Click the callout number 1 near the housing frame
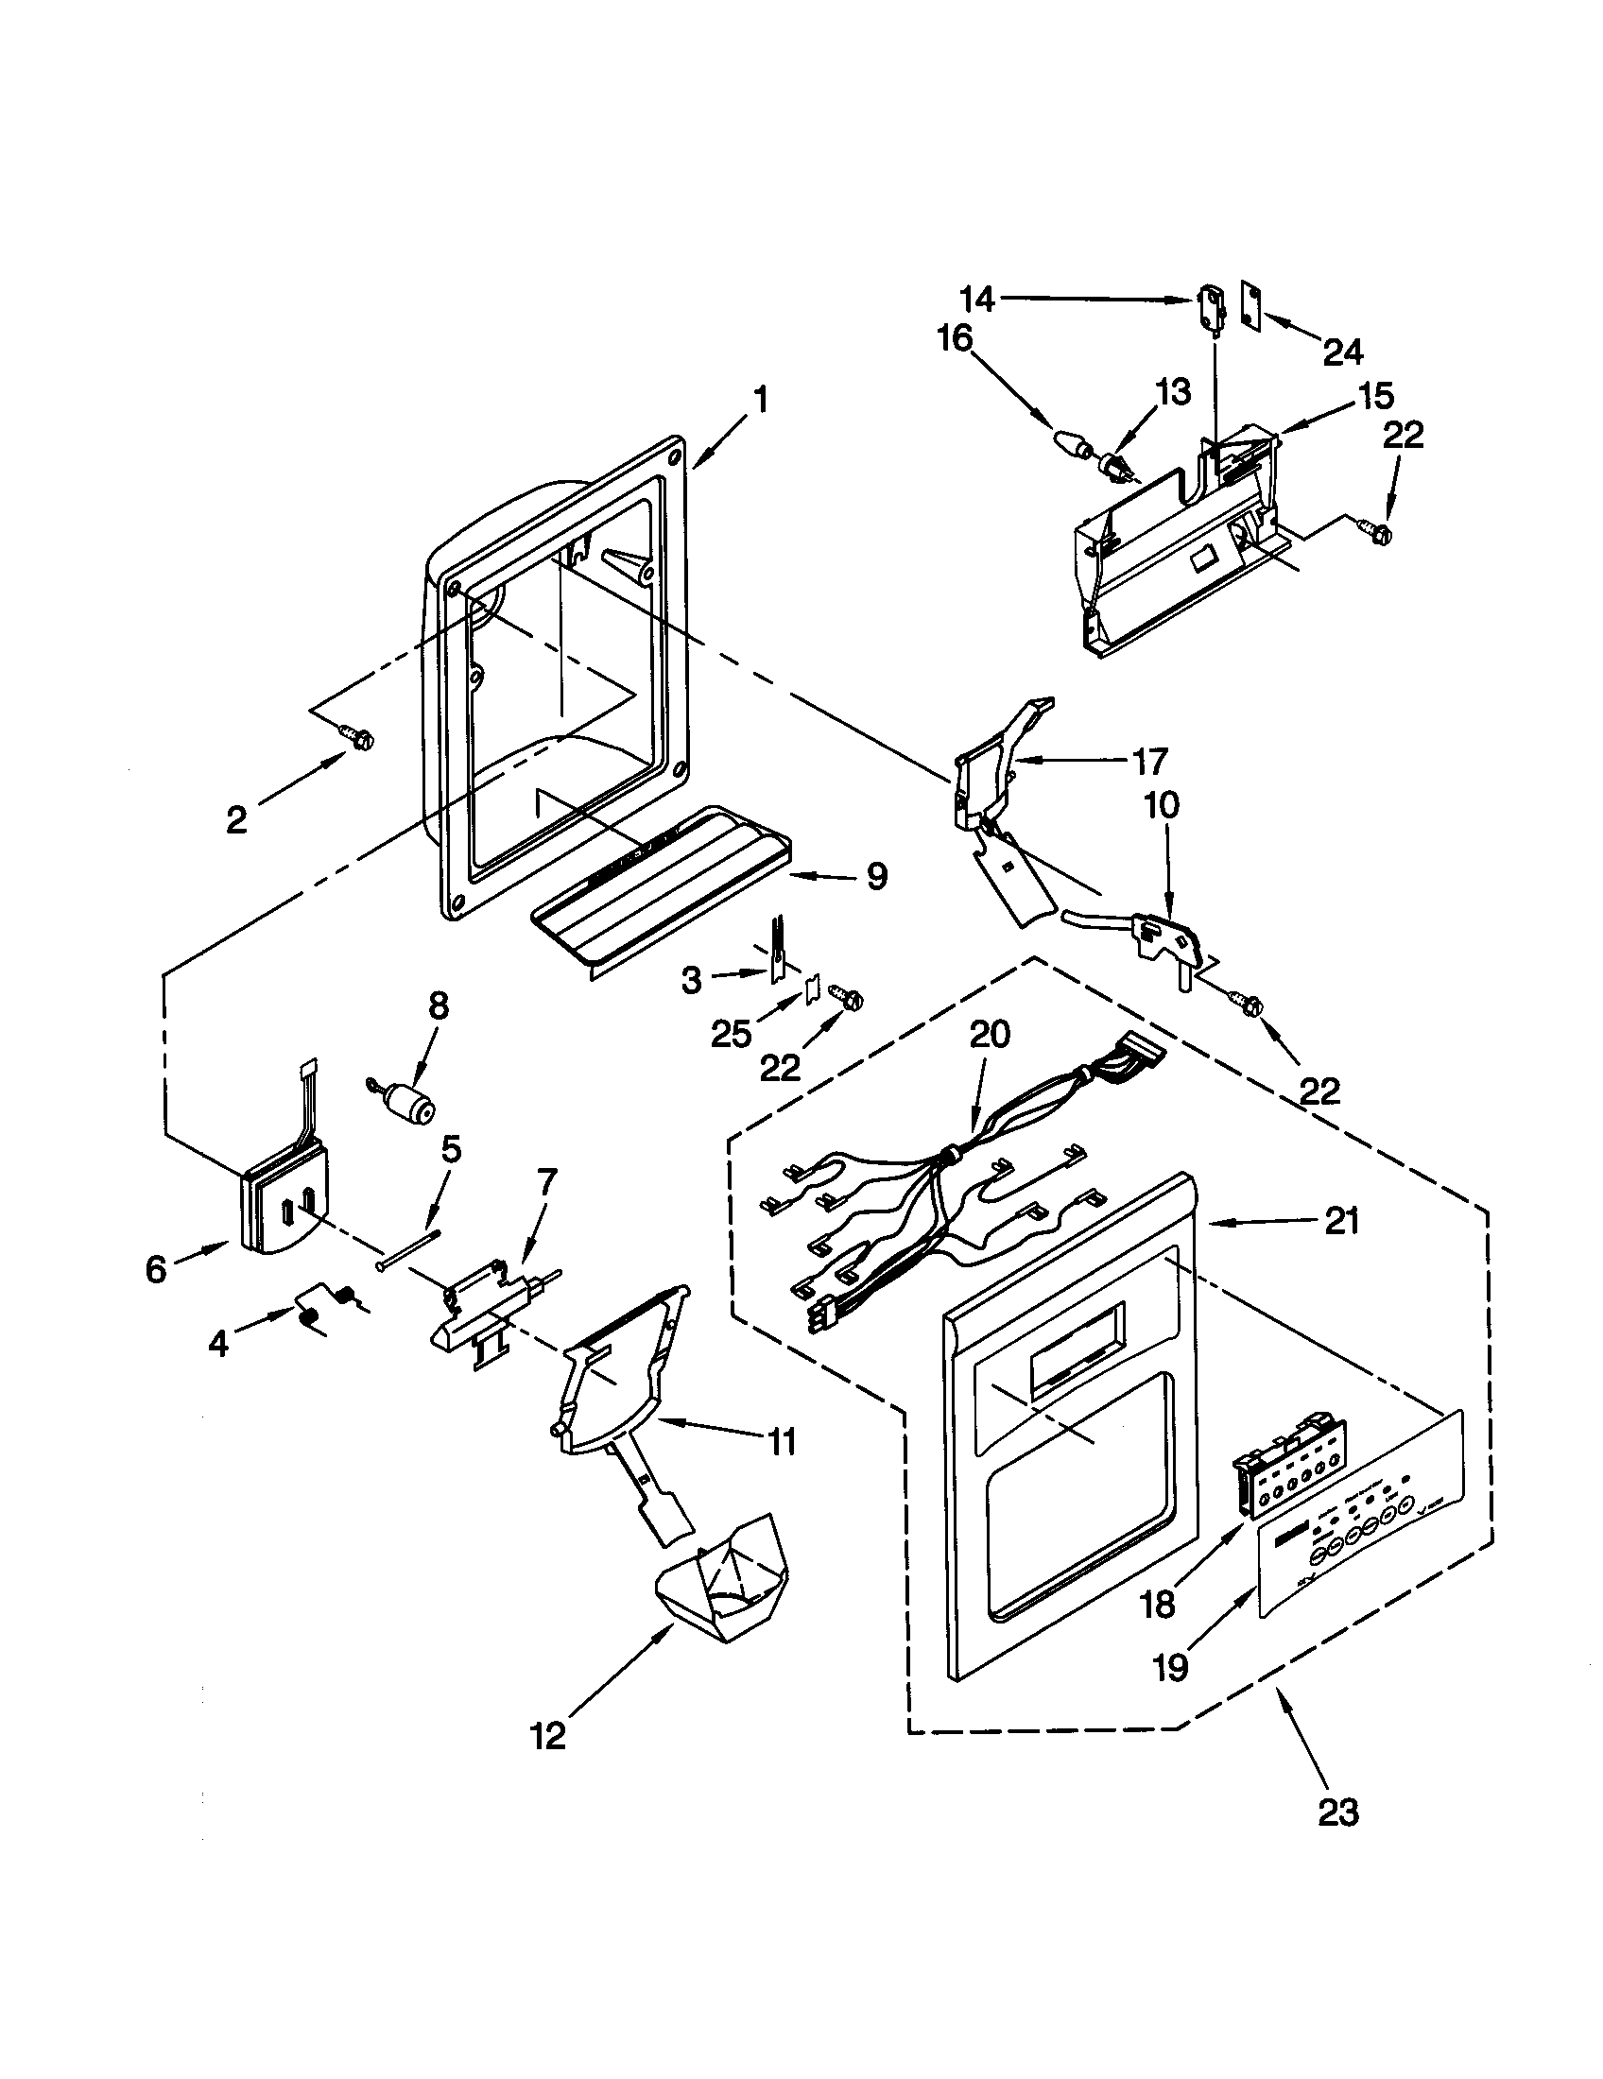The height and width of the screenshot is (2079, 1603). [761, 400]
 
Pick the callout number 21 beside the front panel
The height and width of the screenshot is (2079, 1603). [1342, 1221]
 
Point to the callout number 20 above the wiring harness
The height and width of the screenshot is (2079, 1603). [989, 1036]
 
